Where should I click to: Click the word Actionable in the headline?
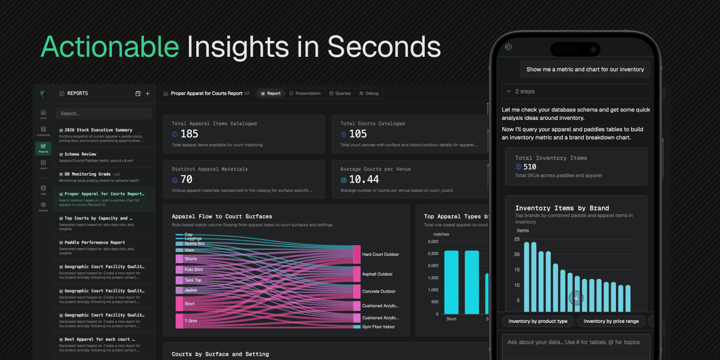click(x=109, y=47)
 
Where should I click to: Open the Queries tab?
click(x=340, y=93)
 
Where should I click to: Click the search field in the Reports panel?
click(x=104, y=113)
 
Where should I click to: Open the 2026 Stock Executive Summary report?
click(x=98, y=130)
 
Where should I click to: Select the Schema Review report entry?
click(x=80, y=154)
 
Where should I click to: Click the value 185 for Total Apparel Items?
click(x=189, y=134)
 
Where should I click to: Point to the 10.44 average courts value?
click(x=364, y=179)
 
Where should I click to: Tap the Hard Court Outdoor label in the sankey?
click(x=380, y=254)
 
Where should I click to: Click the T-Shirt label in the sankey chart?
click(x=191, y=322)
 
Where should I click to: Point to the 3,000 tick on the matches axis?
click(x=433, y=242)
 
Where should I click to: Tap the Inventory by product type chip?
click(x=538, y=321)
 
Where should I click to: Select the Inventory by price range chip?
click(x=611, y=321)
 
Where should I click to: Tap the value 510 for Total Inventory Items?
click(x=529, y=167)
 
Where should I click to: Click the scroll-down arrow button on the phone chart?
click(x=576, y=298)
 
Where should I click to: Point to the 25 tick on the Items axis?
click(x=517, y=239)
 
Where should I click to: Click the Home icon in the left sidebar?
click(x=43, y=112)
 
